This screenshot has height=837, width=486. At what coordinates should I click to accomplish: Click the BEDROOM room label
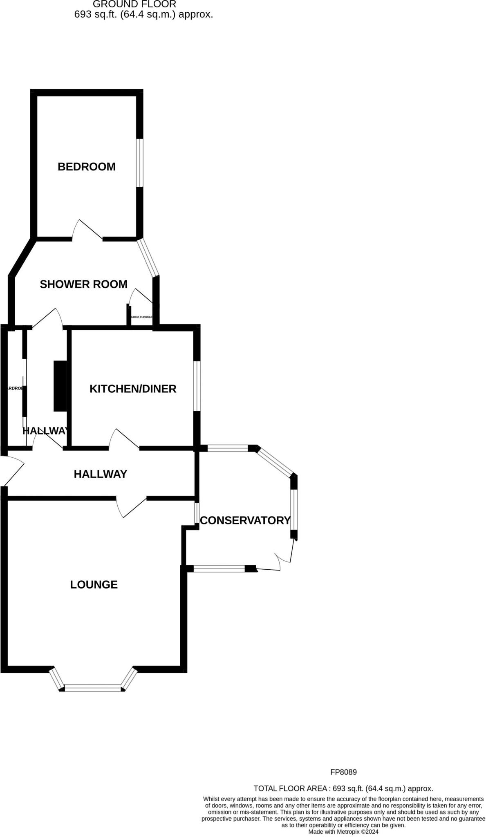(86, 167)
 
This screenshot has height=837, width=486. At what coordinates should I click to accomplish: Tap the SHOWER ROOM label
(83, 284)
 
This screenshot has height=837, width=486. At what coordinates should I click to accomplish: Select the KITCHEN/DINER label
(133, 389)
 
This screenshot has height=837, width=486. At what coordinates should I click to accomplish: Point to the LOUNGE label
(94, 584)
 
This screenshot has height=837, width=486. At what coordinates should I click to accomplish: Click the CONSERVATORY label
(245, 520)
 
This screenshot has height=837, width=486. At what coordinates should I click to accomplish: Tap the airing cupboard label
(141, 317)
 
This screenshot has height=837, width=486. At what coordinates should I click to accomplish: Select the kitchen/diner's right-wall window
(197, 386)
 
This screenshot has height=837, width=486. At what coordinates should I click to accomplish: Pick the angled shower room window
(148, 257)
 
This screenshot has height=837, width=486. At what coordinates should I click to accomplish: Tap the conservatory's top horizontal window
(228, 448)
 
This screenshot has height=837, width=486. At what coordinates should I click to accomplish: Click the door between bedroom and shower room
(88, 230)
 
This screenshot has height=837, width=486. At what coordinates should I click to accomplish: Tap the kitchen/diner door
(125, 439)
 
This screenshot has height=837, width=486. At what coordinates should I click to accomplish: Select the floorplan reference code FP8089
(343, 772)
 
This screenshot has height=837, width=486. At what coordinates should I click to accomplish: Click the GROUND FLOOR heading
(134, 4)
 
